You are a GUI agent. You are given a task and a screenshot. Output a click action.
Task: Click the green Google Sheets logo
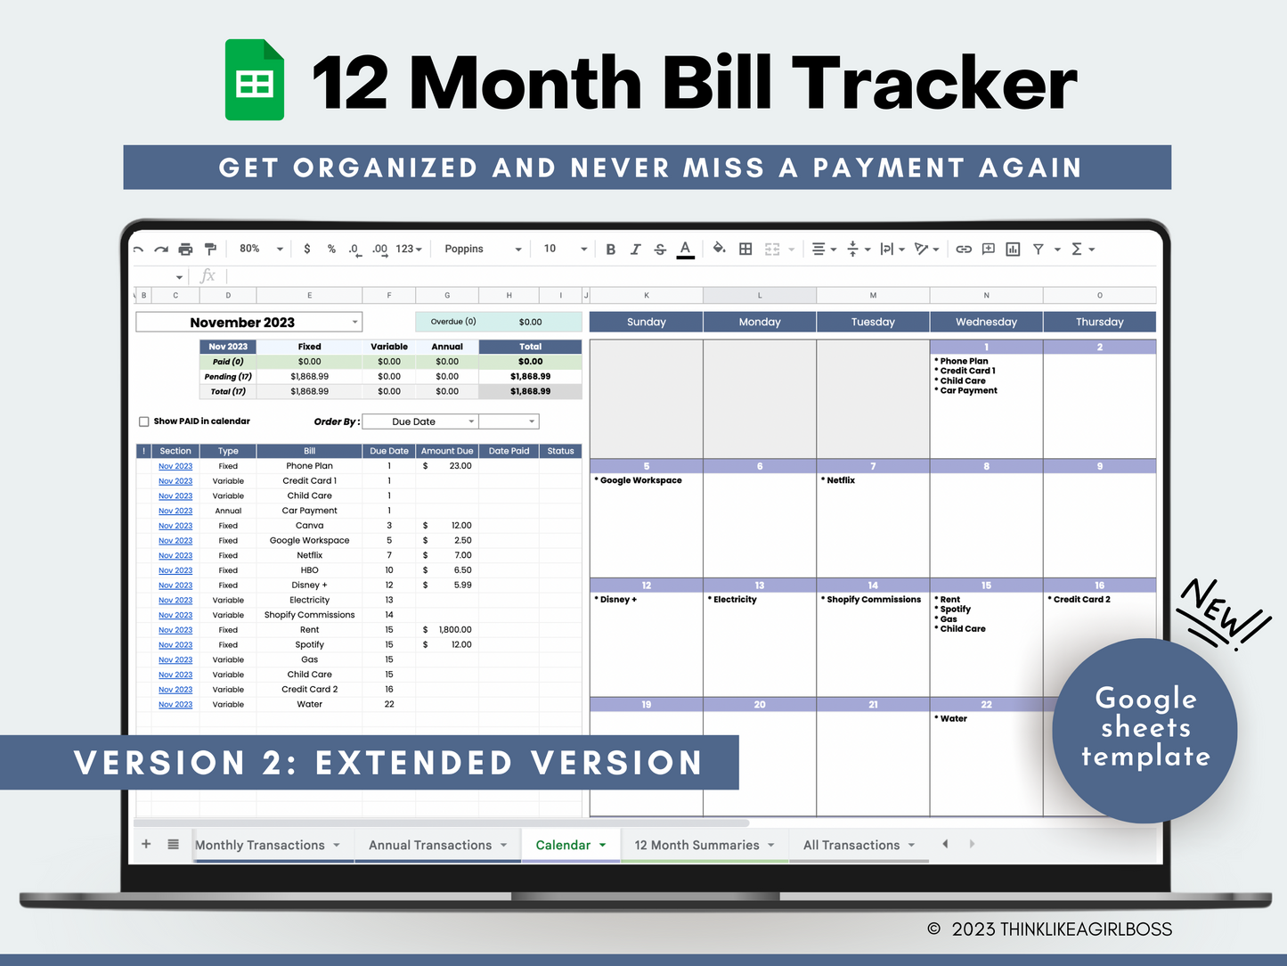255,80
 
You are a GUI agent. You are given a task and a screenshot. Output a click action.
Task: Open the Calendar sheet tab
563,845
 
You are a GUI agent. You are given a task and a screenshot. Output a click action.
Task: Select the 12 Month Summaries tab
696,845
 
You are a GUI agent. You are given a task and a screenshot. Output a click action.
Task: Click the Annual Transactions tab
430,845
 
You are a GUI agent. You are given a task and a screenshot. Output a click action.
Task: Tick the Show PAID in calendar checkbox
144,422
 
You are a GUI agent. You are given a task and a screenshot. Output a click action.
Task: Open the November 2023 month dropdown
354,322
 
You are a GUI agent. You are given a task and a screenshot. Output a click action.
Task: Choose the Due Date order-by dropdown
420,422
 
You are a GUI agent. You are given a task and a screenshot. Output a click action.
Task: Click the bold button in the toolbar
611,250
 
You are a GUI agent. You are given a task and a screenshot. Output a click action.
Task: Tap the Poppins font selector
482,250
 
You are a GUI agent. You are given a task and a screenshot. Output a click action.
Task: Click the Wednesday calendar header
986,322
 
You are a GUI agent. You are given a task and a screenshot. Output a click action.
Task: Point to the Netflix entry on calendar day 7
841,480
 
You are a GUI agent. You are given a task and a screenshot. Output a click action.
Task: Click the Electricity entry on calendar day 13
735,600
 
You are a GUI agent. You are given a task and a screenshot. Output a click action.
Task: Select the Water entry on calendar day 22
953,718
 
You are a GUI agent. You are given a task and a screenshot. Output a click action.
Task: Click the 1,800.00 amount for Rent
455,629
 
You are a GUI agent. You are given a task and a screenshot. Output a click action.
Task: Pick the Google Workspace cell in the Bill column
309,540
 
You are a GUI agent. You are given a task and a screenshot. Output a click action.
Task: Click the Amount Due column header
447,451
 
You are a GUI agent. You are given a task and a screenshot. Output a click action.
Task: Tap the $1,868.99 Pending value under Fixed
309,376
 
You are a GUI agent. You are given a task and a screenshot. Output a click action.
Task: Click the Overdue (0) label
453,322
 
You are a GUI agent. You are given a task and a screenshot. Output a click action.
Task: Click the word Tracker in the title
934,83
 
